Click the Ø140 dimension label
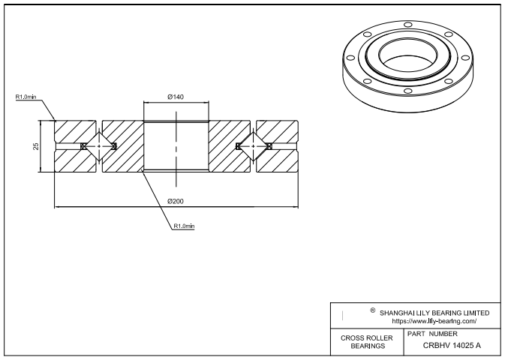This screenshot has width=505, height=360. [x=176, y=97]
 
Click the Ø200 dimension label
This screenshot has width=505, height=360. [x=176, y=200]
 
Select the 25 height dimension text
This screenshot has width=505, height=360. [x=36, y=145]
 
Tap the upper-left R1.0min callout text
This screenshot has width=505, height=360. [x=26, y=97]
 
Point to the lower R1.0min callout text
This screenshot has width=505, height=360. [x=184, y=226]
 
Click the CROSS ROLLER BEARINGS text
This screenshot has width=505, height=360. [x=366, y=342]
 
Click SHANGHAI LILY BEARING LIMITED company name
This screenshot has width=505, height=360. [x=434, y=312]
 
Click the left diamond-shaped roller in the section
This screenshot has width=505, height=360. [x=99, y=145]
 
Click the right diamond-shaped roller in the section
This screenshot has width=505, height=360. [x=252, y=145]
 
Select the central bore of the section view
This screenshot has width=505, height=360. [x=176, y=145]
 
